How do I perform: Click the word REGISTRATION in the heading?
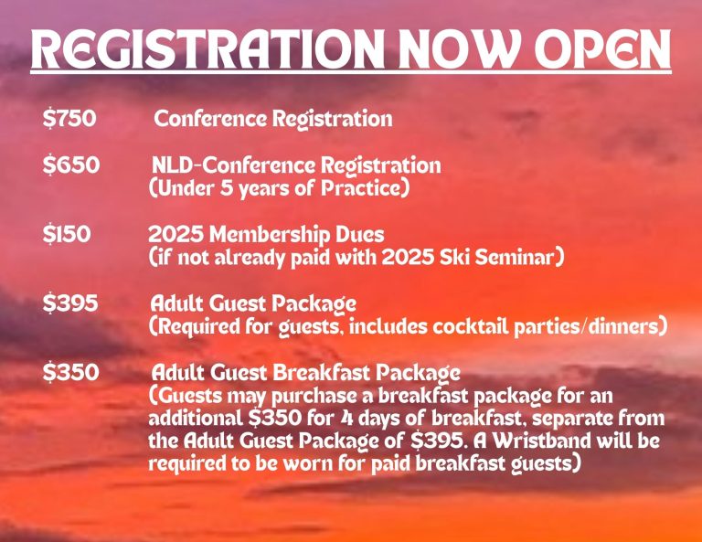208,48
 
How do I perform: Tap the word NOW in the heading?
460,48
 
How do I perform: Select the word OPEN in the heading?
602,48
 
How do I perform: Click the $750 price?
69,119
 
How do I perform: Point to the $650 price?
71,165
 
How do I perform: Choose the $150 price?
67,234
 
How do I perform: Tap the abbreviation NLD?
173,165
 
